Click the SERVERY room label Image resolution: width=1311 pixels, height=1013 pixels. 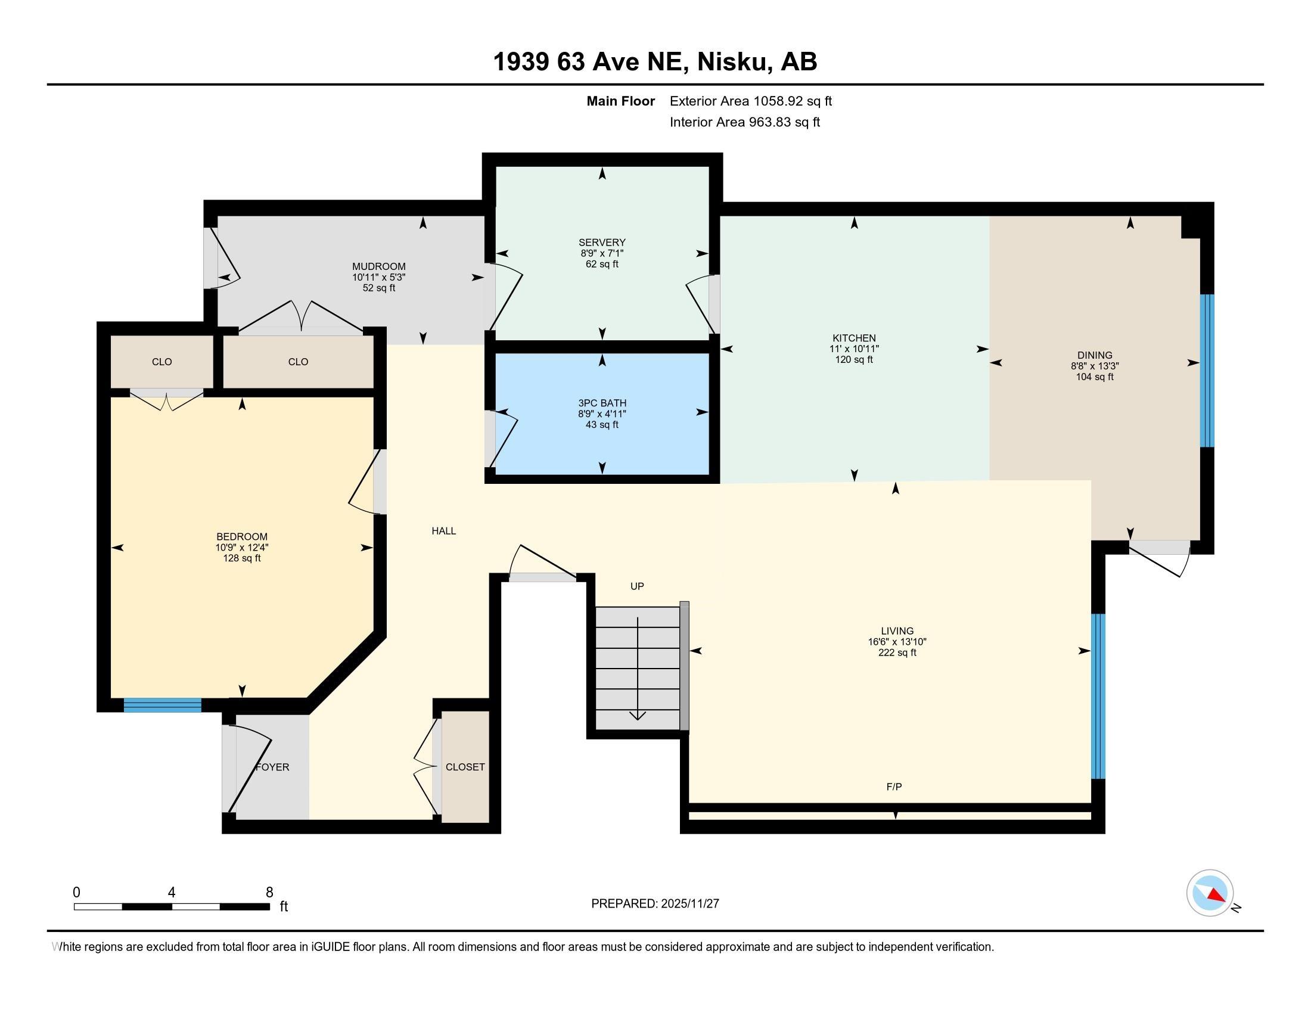(601, 243)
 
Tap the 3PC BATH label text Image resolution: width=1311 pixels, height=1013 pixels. (601, 403)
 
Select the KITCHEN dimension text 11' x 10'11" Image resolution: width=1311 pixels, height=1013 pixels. (853, 349)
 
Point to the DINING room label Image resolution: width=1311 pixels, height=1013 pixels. (1094, 355)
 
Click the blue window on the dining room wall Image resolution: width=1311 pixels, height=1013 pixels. (1207, 370)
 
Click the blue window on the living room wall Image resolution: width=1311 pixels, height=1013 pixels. (1097, 696)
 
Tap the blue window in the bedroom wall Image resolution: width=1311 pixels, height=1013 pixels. (162, 705)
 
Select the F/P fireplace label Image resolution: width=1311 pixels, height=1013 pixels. (894, 787)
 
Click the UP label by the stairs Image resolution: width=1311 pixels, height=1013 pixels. (637, 586)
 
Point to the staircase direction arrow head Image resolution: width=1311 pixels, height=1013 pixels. (637, 715)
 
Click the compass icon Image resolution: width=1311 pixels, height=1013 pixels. (1210, 893)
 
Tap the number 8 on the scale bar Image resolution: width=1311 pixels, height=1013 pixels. (269, 893)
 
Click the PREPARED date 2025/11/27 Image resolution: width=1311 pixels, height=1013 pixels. (689, 904)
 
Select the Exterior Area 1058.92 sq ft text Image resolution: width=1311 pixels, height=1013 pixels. (750, 101)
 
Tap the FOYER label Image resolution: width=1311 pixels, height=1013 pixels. (272, 767)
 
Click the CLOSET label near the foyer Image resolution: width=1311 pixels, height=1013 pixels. (465, 767)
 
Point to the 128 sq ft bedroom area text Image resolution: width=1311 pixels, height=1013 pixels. (241, 558)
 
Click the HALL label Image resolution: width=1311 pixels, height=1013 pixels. (443, 531)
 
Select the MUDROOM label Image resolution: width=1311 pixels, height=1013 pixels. (378, 266)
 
